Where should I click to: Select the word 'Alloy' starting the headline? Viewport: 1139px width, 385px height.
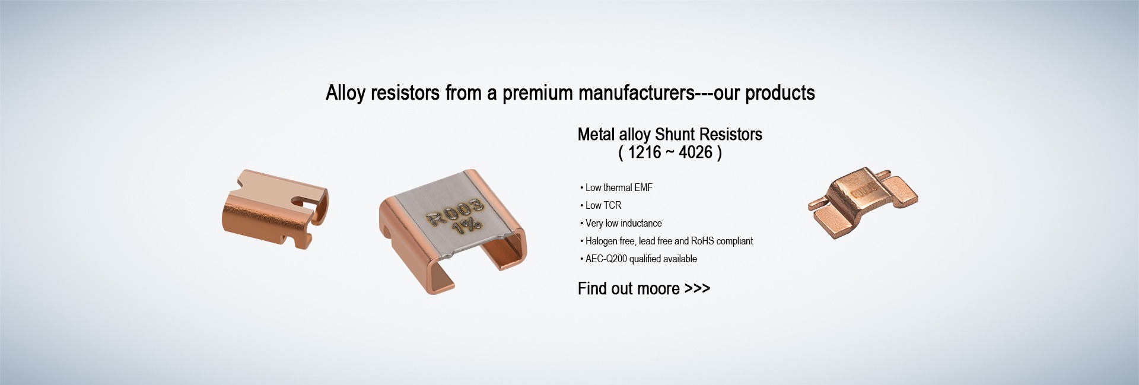(x=345, y=94)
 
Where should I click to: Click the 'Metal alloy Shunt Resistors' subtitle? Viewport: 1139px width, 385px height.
(x=670, y=135)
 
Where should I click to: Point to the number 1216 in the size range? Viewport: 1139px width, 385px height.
(x=644, y=152)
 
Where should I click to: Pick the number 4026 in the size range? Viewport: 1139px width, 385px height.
(x=695, y=152)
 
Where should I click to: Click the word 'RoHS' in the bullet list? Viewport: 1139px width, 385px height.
(x=702, y=241)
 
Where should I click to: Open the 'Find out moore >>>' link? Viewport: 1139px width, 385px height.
(x=644, y=289)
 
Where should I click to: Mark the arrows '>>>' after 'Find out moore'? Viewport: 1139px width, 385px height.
(x=697, y=289)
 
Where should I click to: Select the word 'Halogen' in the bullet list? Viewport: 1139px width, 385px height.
(x=602, y=241)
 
